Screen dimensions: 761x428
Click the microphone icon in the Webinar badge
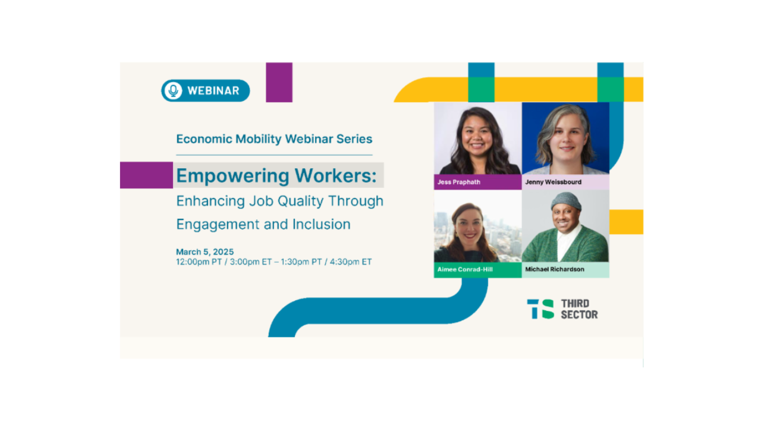coord(173,91)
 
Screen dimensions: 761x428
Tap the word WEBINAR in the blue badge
coord(213,91)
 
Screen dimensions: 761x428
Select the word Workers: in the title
coord(336,175)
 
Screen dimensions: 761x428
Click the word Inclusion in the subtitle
coord(322,224)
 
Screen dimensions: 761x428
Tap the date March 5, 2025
coord(205,251)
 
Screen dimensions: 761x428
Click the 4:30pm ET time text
coord(351,262)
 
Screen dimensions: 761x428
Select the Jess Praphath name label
coord(458,182)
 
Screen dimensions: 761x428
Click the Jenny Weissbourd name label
coord(553,182)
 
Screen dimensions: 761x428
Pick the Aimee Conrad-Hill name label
coord(465,269)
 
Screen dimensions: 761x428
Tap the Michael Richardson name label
coord(555,269)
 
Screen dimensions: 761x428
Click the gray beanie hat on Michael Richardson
coord(565,201)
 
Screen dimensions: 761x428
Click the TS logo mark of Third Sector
coord(540,309)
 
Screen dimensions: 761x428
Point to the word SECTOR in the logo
coord(579,314)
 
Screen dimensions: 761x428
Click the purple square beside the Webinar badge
coord(279,82)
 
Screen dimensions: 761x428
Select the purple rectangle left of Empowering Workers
coord(146,175)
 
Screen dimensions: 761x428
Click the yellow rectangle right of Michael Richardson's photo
coord(626,222)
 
